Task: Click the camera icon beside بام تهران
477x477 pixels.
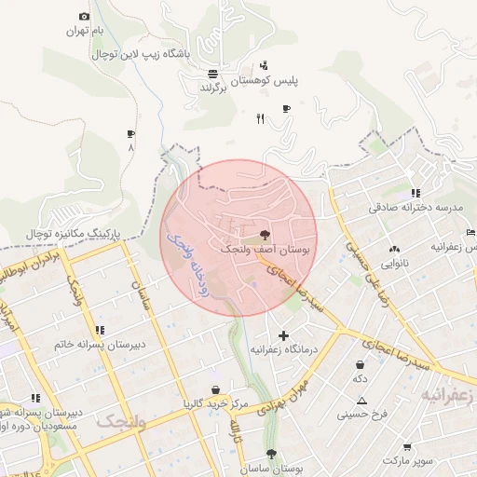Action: tap(85, 17)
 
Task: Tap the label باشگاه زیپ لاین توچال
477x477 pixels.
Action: tap(141, 54)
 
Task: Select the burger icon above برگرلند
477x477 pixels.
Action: tap(213, 73)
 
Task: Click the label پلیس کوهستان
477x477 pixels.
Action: tap(292, 81)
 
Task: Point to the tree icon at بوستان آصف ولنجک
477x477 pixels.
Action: tap(266, 235)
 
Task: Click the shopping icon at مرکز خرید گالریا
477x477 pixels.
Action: tap(216, 389)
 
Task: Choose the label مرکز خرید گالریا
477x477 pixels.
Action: tap(215, 403)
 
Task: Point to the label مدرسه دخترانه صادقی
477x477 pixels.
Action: tap(416, 208)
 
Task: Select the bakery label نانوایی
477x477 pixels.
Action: tap(390, 264)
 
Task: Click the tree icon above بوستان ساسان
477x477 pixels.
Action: tap(271, 454)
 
